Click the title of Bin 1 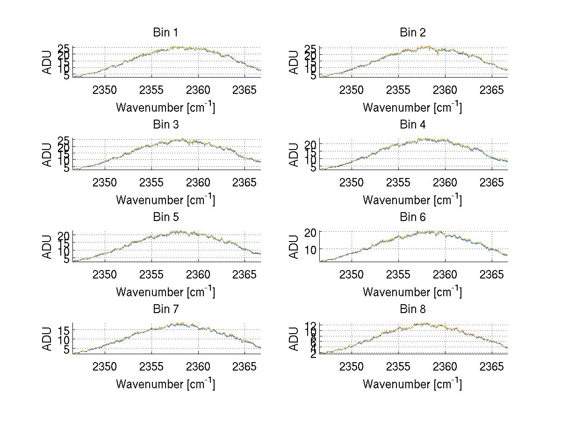pyautogui.click(x=165, y=33)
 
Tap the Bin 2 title pyautogui.click(x=412, y=33)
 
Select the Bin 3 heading pyautogui.click(x=165, y=125)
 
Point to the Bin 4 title pyautogui.click(x=412, y=125)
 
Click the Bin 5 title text pyautogui.click(x=165, y=217)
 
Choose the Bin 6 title pyautogui.click(x=412, y=217)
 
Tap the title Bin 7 pyautogui.click(x=165, y=309)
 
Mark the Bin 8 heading pyautogui.click(x=412, y=309)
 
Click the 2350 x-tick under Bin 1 pyautogui.click(x=105, y=90)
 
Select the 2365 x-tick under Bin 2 pyautogui.click(x=492, y=90)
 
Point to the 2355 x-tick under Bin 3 pyautogui.click(x=151, y=182)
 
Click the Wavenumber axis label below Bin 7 pyautogui.click(x=165, y=384)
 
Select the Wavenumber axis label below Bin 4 pyautogui.click(x=412, y=199)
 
